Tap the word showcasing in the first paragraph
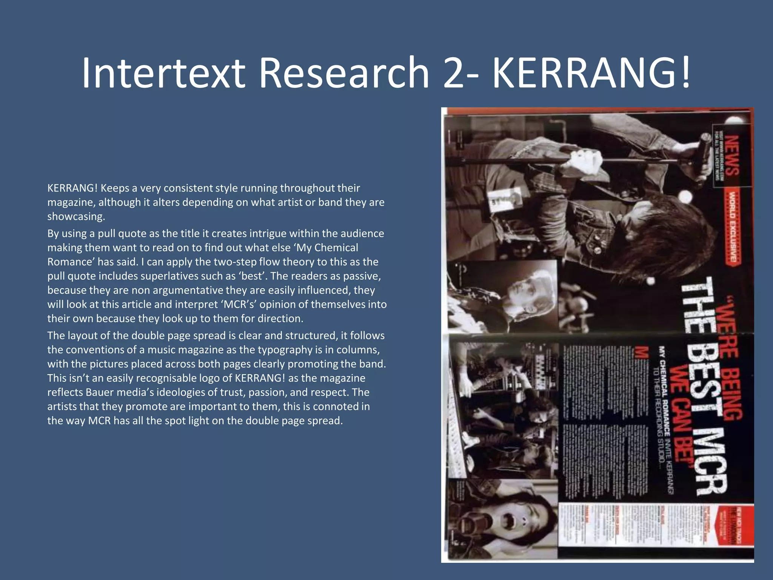[x=75, y=216]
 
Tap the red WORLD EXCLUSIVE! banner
[x=732, y=227]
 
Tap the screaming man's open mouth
[x=506, y=521]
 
